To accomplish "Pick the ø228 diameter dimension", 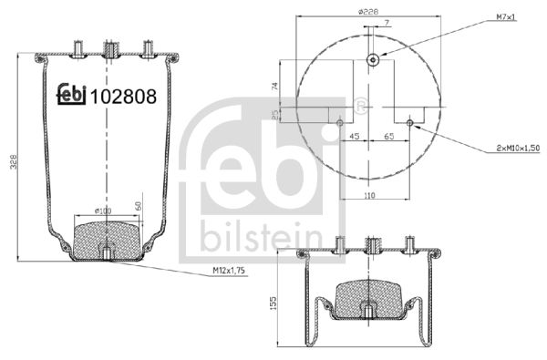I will (x=368, y=11).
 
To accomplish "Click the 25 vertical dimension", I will (x=275, y=114).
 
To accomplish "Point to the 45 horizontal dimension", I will (x=354, y=136).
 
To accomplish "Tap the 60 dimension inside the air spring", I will (x=138, y=206).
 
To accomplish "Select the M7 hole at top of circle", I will (x=373, y=60).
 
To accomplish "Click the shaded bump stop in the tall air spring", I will (x=107, y=237).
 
